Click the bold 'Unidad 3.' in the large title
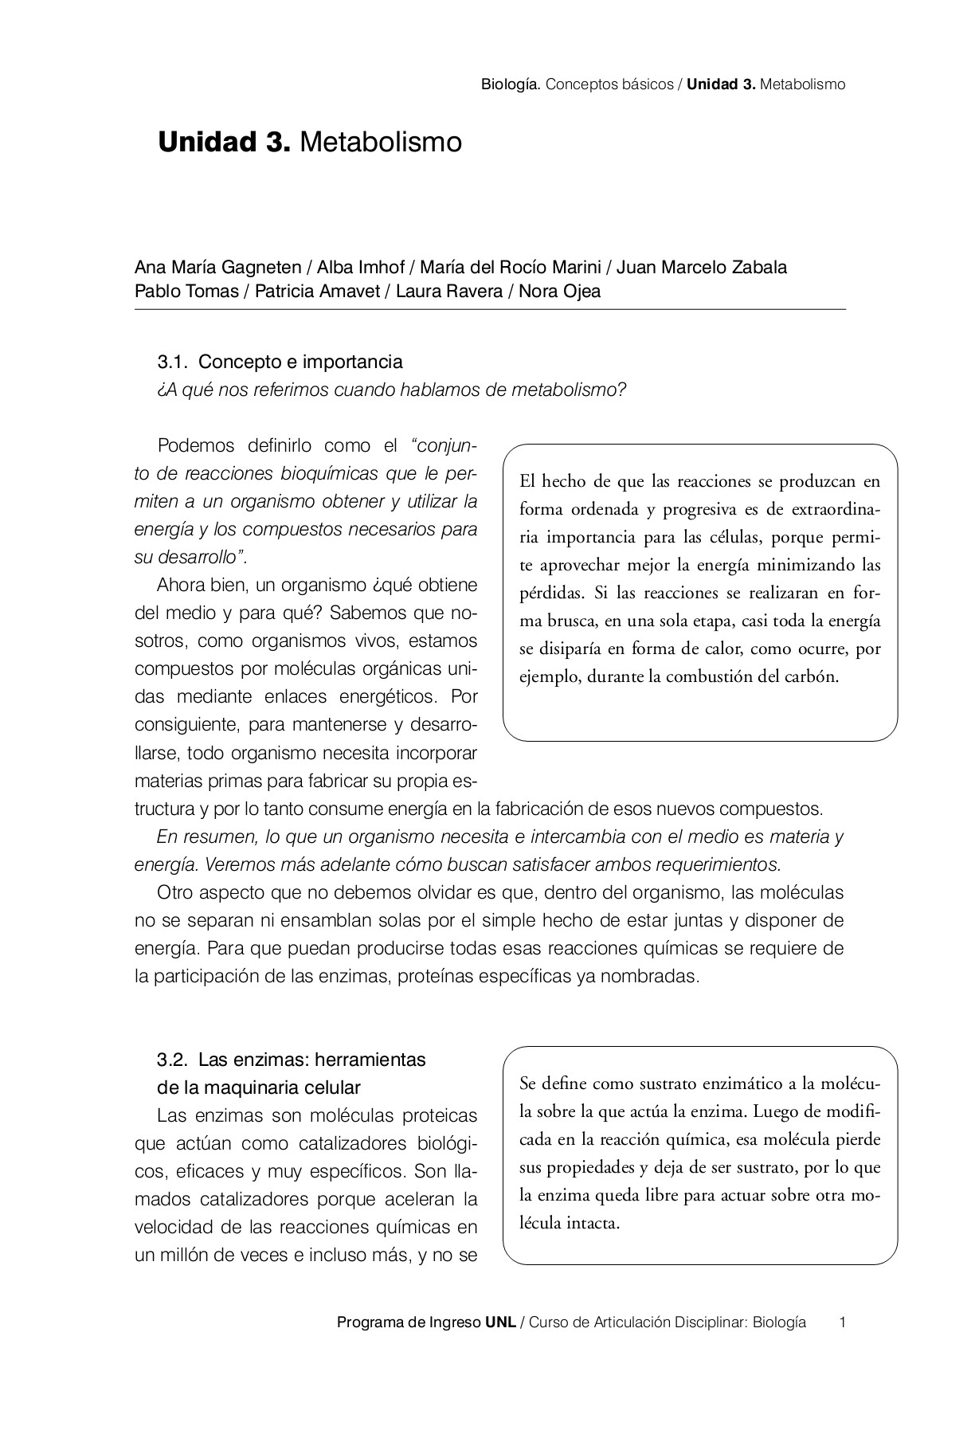coord(224,143)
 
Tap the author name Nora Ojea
coord(559,291)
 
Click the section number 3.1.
coord(172,362)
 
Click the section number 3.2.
coord(172,1060)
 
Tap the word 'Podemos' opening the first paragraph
coord(191,445)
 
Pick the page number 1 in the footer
coord(842,1322)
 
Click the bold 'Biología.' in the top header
coord(511,84)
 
